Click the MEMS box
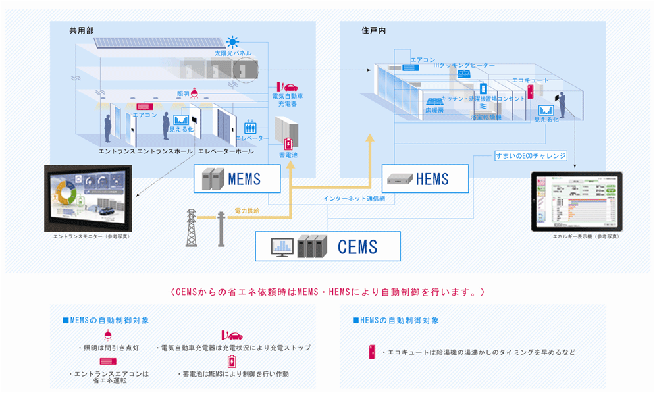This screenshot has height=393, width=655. (x=237, y=178)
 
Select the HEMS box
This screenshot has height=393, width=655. (x=425, y=178)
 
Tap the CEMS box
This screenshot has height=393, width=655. (x=327, y=247)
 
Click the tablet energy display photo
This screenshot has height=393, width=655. (x=577, y=201)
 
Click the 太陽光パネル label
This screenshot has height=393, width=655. (x=232, y=53)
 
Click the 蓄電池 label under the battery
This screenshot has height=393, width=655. (x=288, y=155)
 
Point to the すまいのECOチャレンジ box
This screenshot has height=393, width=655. (x=531, y=156)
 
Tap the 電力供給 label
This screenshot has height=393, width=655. (x=247, y=211)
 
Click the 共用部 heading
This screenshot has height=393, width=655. (x=82, y=30)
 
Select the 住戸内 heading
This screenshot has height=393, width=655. (x=373, y=30)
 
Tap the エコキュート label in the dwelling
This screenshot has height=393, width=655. (x=530, y=80)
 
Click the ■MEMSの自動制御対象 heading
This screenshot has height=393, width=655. (x=105, y=320)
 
